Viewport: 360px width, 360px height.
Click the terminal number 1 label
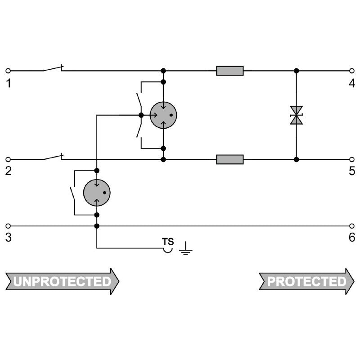click(8, 83)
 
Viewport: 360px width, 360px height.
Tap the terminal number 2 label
click(8, 171)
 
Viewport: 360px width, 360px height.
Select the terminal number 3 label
click(8, 238)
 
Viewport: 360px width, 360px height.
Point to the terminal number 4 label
click(352, 83)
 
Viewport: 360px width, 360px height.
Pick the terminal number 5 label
click(352, 171)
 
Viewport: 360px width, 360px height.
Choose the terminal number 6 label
click(352, 238)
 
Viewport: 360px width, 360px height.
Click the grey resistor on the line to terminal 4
click(229, 71)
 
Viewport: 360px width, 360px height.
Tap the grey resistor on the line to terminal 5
click(229, 159)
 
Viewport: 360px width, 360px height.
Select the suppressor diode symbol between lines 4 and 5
click(296, 115)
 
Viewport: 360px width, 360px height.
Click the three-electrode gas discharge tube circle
click(163, 115)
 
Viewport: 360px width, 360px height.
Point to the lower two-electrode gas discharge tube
click(97, 193)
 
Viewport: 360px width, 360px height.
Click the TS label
click(168, 242)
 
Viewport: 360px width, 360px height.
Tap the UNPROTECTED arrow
click(62, 282)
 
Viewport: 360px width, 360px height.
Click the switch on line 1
click(53, 69)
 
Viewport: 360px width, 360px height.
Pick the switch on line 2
click(53, 157)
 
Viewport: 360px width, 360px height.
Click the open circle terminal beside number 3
click(8, 226)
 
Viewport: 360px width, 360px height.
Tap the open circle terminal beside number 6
click(352, 226)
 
